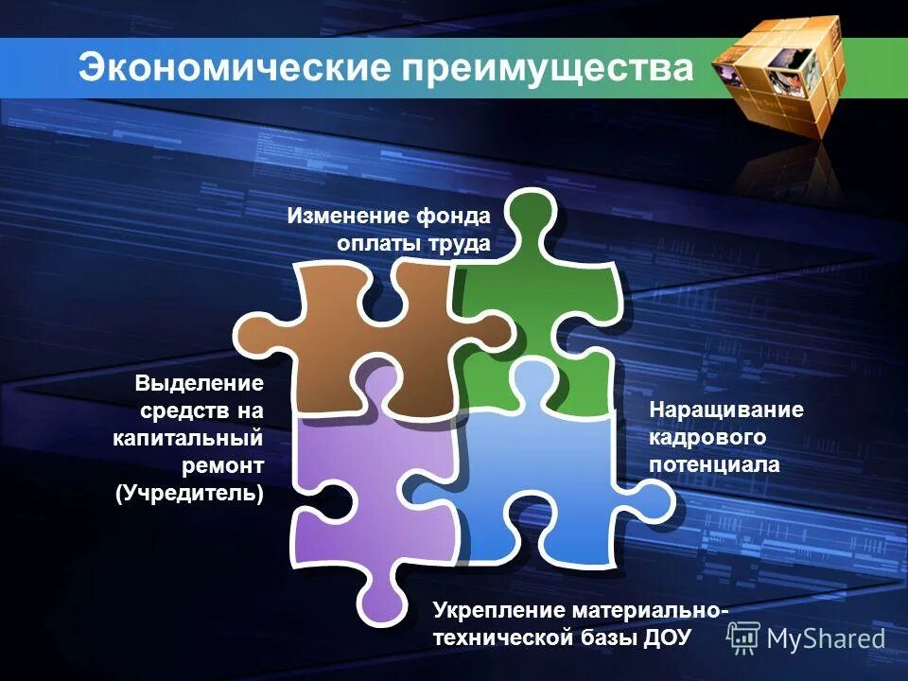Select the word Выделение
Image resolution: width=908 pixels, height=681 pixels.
click(x=198, y=384)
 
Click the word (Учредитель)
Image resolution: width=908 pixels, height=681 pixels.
click(x=190, y=494)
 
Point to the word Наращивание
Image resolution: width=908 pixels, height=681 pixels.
click(x=725, y=410)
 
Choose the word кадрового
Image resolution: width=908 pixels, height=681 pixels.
click(x=707, y=437)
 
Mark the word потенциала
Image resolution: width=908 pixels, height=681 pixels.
click(x=714, y=464)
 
